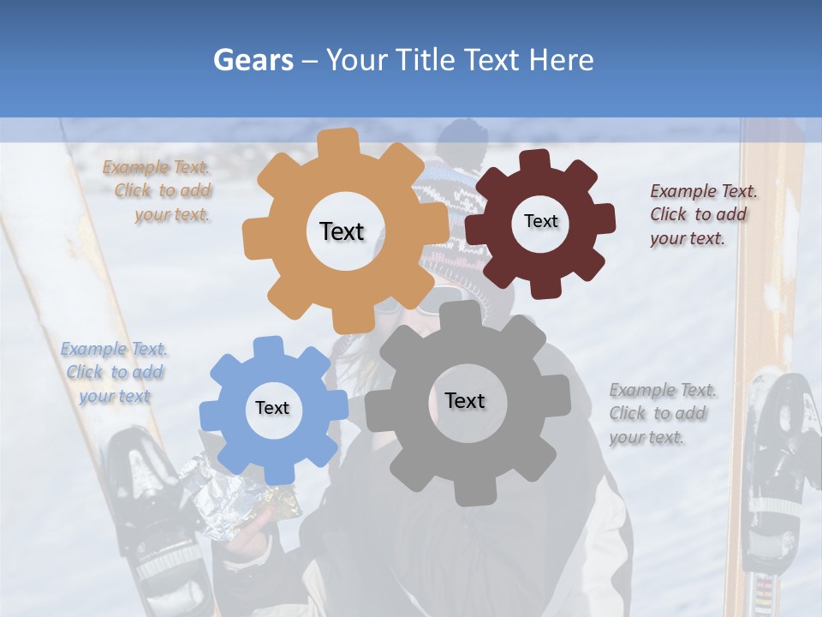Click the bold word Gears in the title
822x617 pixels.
click(252, 60)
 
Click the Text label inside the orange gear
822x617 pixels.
click(342, 231)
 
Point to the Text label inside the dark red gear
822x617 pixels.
click(540, 221)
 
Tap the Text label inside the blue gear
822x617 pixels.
click(272, 409)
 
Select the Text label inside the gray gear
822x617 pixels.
click(465, 400)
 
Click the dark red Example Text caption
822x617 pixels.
click(700, 214)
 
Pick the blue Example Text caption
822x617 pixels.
click(114, 373)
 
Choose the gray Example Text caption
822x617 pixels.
click(661, 413)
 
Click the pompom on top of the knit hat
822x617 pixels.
click(462, 137)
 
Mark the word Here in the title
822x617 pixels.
click(562, 60)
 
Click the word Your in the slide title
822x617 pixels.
click(358, 60)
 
